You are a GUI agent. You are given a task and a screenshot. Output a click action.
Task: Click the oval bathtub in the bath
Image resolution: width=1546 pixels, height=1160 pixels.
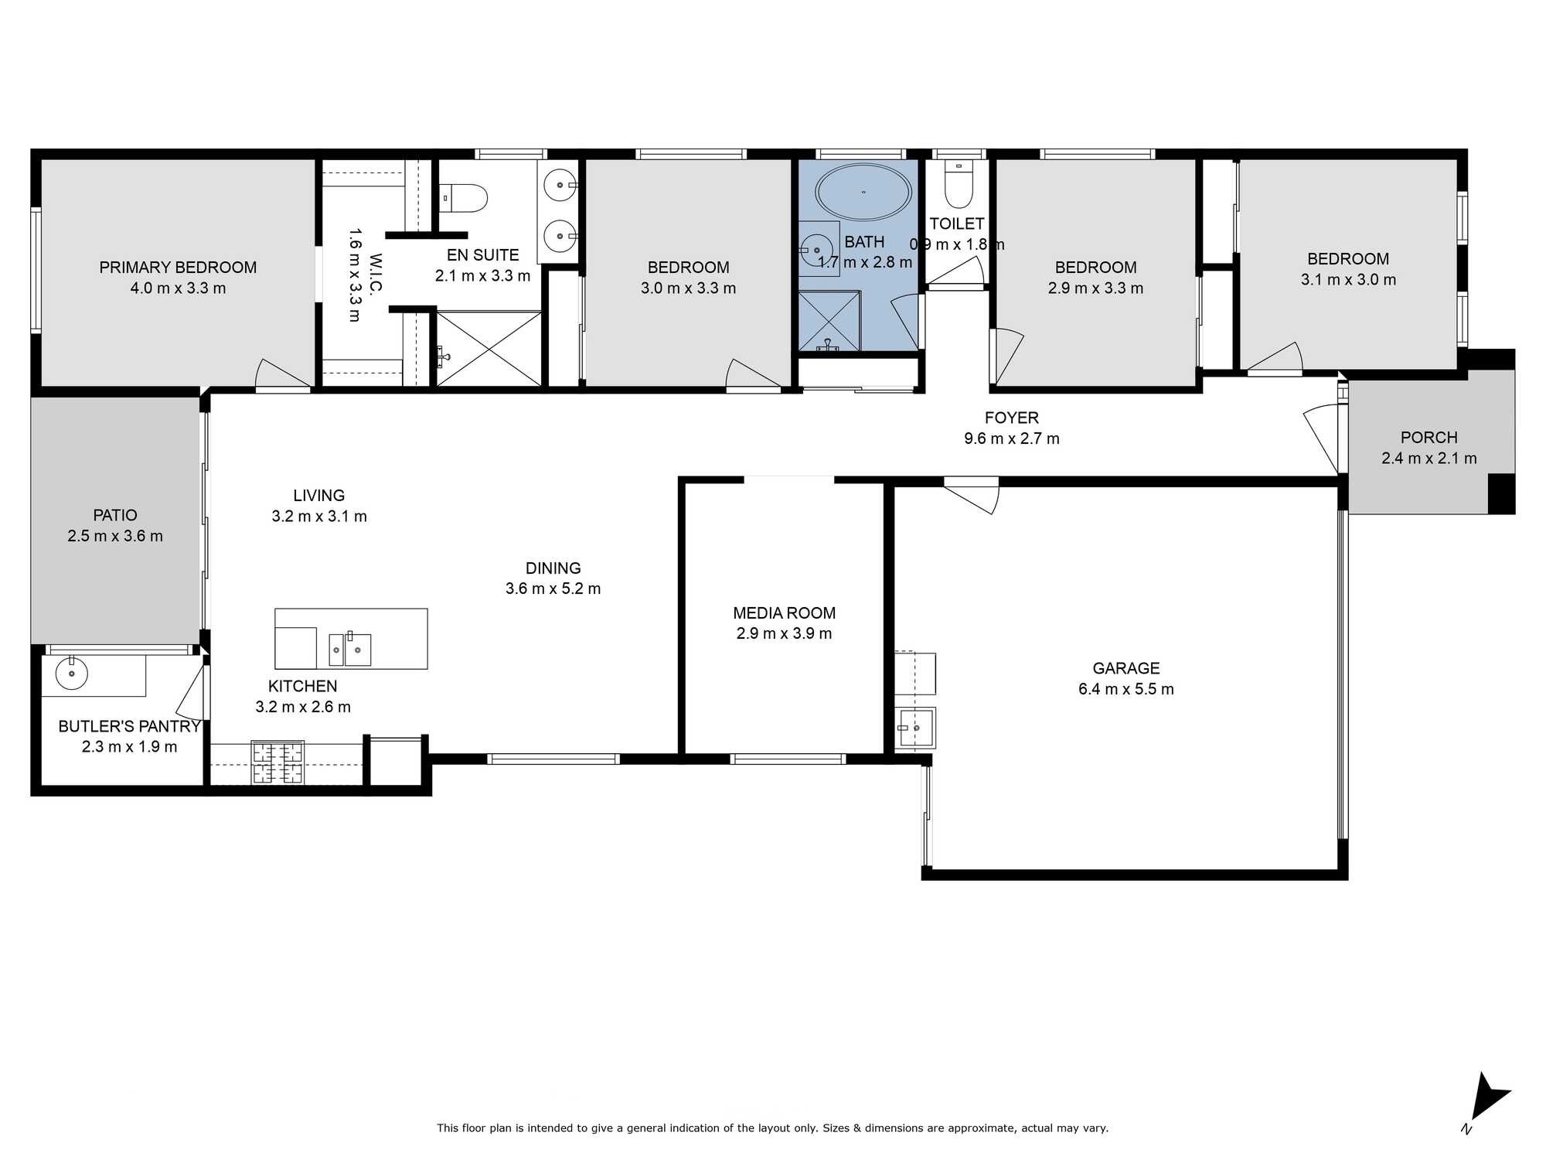click(863, 192)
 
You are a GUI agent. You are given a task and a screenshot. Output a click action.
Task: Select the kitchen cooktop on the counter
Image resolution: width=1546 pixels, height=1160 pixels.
click(278, 763)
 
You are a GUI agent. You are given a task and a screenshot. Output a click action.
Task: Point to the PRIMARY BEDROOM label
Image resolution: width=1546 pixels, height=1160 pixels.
click(178, 268)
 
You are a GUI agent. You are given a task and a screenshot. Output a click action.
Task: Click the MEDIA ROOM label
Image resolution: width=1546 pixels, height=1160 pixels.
click(785, 613)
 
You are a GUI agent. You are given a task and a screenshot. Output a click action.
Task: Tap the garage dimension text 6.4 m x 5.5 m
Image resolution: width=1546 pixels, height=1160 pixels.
click(1126, 689)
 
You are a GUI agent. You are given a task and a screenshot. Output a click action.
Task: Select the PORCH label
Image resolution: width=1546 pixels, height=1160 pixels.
click(1429, 438)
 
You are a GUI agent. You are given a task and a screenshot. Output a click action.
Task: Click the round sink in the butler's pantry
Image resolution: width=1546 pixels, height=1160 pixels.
click(72, 674)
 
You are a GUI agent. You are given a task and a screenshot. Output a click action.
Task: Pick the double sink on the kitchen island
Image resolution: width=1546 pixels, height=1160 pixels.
click(350, 649)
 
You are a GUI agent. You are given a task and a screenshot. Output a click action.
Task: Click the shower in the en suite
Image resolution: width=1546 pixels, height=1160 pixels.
click(489, 348)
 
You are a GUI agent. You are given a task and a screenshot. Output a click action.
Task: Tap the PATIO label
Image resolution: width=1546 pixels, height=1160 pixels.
click(115, 515)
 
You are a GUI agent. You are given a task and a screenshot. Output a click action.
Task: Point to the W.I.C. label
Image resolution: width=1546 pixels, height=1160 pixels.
click(376, 275)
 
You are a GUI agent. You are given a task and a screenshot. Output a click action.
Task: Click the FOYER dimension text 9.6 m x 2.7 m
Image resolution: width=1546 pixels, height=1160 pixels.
click(1012, 438)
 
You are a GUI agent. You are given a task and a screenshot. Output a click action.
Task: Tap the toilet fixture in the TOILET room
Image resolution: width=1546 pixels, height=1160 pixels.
click(959, 184)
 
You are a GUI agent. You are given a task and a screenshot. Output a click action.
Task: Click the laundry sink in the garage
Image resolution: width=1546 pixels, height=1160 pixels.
click(916, 728)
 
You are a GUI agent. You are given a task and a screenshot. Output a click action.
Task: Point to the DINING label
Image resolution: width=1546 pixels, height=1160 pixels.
click(553, 568)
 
